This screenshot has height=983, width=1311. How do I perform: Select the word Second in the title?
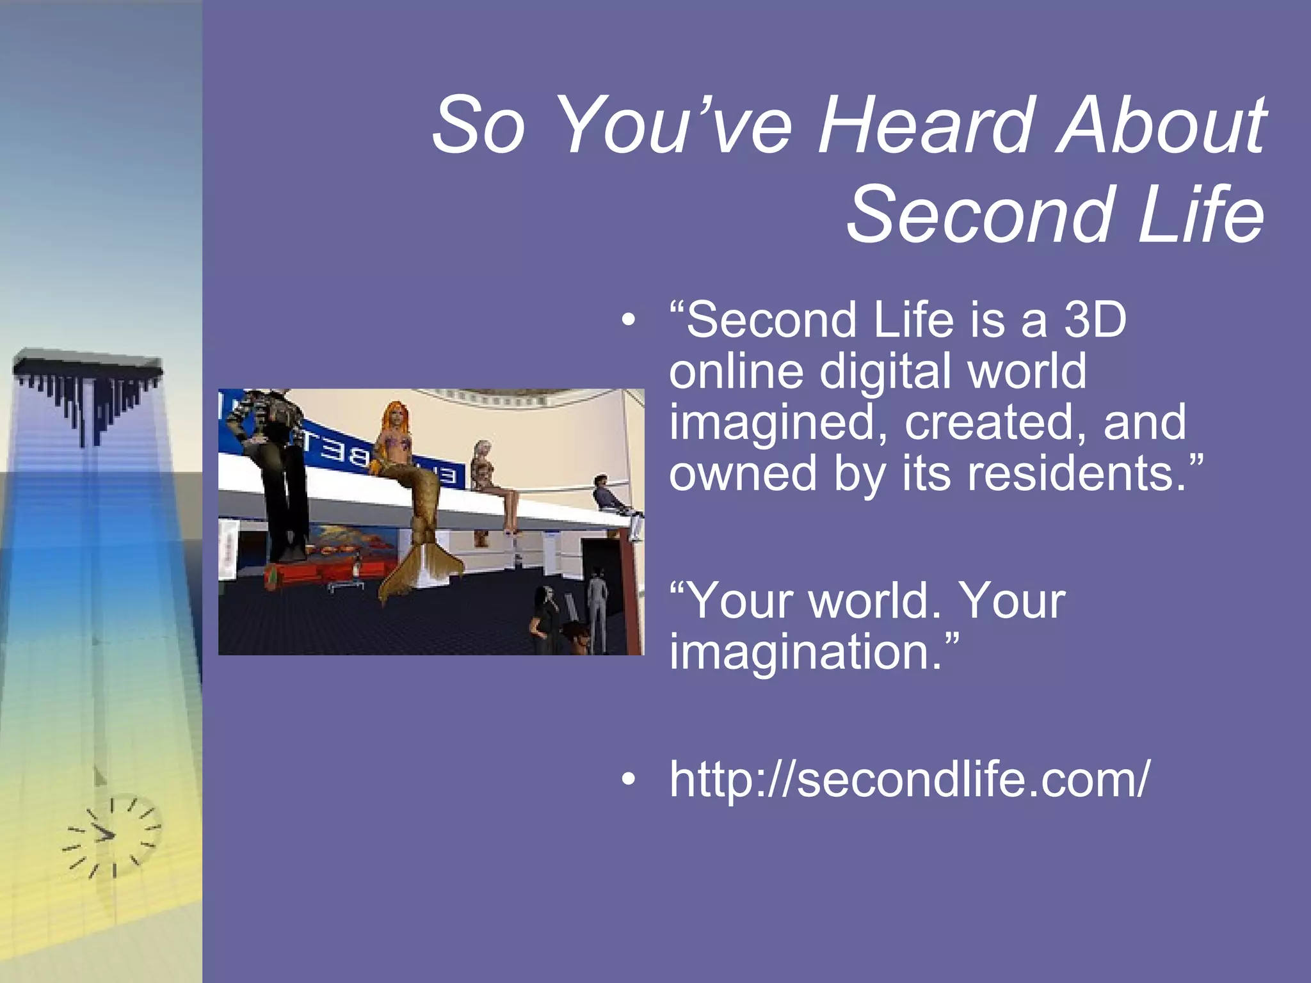pos(979,214)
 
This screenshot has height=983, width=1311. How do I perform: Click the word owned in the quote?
pos(743,474)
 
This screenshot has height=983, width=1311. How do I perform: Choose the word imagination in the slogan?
pos(806,653)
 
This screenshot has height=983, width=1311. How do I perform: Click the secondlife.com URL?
pos(909,779)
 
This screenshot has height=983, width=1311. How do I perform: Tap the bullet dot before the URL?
pos(629,779)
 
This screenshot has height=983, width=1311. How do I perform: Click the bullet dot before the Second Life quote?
pos(629,320)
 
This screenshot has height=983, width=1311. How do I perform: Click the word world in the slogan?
pos(874,602)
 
